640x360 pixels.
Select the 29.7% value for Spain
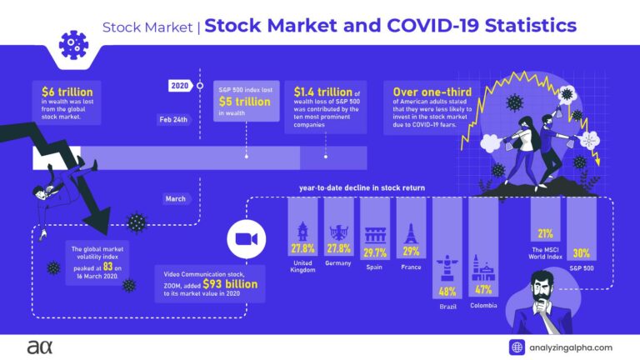tap(374, 251)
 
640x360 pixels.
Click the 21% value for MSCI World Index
tap(545, 232)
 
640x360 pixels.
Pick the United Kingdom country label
tap(302, 266)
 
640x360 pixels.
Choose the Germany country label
tap(339, 262)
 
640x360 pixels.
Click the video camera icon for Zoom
tap(246, 238)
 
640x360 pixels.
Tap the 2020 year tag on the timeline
tap(179, 85)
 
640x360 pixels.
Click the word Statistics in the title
tap(520, 26)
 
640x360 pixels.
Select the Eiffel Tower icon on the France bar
tap(411, 232)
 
